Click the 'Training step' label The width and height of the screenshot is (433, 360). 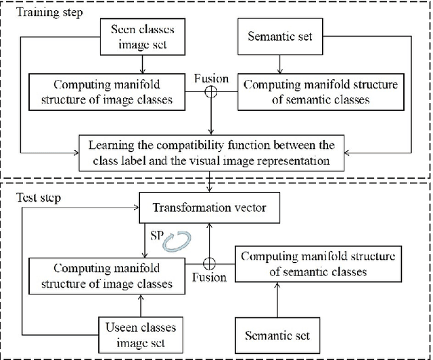tap(41, 13)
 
